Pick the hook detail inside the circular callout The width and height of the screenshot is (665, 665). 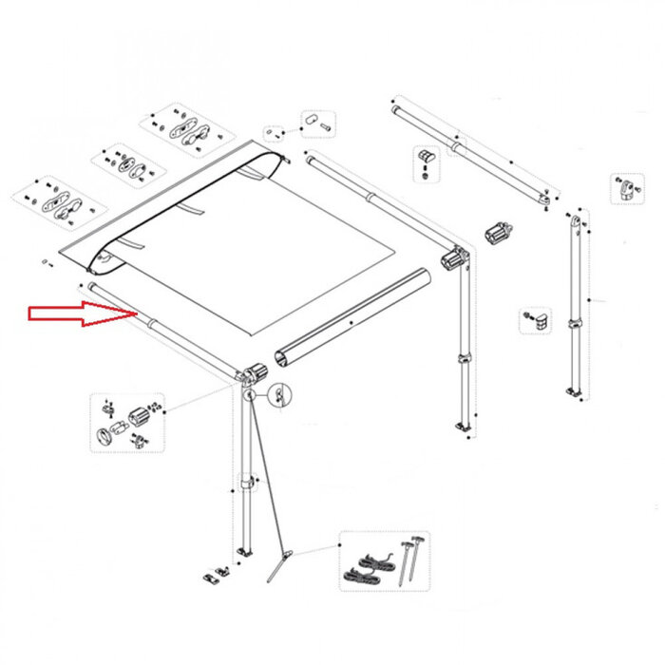(279, 391)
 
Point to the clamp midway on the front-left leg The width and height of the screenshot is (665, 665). (248, 484)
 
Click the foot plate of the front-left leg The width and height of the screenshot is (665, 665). (247, 552)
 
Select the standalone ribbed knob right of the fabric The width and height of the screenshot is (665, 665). (498, 231)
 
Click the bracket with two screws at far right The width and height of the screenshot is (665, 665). (623, 187)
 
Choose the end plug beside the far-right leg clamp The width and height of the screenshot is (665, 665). (540, 320)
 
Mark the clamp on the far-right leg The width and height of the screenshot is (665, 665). (577, 326)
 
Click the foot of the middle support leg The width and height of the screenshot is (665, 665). (464, 430)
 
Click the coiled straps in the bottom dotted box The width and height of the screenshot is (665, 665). (367, 568)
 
